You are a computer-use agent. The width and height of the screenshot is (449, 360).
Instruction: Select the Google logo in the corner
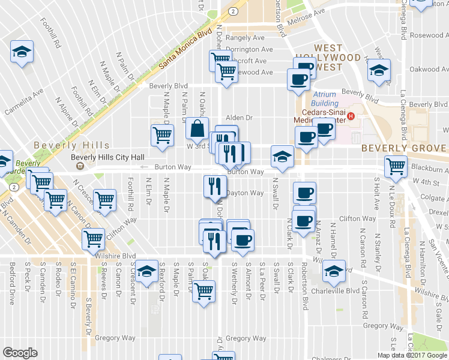tap(20, 353)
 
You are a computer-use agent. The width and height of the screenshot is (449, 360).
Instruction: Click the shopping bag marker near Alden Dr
tap(197, 128)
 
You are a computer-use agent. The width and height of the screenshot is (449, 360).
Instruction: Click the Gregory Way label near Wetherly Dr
tap(246, 338)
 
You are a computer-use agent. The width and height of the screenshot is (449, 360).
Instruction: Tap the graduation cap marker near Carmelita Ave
tap(22, 52)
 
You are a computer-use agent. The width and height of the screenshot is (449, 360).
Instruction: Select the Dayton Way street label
tap(246, 193)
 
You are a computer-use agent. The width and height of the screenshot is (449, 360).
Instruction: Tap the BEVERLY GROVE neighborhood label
tap(403, 148)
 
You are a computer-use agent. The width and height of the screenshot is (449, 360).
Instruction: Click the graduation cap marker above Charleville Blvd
tap(334, 271)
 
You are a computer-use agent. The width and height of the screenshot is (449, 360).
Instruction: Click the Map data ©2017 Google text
tap(412, 355)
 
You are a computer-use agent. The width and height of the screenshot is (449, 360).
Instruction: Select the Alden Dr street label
tap(240, 118)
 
